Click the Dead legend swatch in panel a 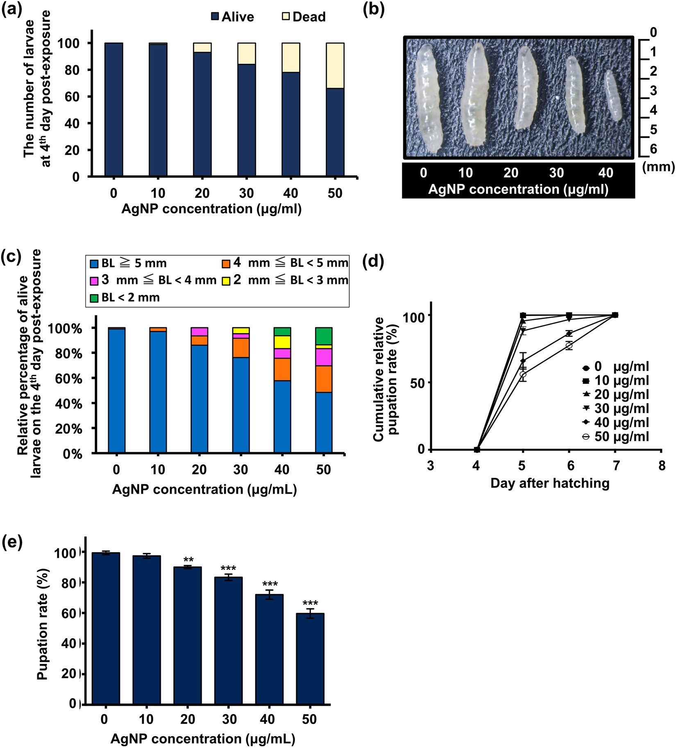pyautogui.click(x=286, y=16)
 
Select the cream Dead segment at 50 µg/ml pyautogui.click(x=335, y=66)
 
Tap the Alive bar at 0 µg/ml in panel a pyautogui.click(x=113, y=109)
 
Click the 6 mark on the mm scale pyautogui.click(x=653, y=149)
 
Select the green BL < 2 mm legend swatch pyautogui.click(x=94, y=298)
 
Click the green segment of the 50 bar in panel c pyautogui.click(x=323, y=336)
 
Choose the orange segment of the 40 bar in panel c pyautogui.click(x=282, y=369)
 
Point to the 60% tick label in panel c pyautogui.click(x=70, y=379)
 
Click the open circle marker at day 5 pyautogui.click(x=523, y=374)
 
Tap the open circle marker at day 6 pyautogui.click(x=569, y=346)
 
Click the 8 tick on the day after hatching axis pyautogui.click(x=662, y=466)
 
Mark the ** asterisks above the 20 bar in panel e pyautogui.click(x=188, y=560)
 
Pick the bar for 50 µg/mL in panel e pyautogui.click(x=310, y=659)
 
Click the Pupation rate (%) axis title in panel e pyautogui.click(x=42, y=624)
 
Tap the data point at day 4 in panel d pyautogui.click(x=477, y=449)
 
